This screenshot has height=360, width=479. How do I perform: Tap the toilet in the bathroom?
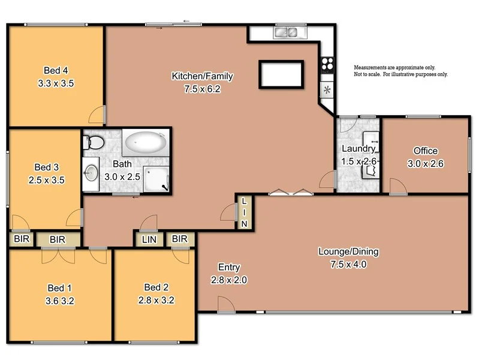[94, 143]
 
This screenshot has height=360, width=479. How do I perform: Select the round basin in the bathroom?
[91, 173]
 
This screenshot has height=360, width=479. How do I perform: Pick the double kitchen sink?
[287, 32]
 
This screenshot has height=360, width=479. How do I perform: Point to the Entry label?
[228, 268]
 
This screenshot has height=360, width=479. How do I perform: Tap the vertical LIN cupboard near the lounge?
[244, 212]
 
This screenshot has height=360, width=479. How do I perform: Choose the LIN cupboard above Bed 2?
[149, 239]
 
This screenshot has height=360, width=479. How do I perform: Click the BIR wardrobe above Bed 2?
[179, 239]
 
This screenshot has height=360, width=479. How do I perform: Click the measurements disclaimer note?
[400, 71]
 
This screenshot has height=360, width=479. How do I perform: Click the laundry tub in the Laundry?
[369, 170]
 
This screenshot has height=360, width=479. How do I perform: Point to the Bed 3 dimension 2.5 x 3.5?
[46, 179]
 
